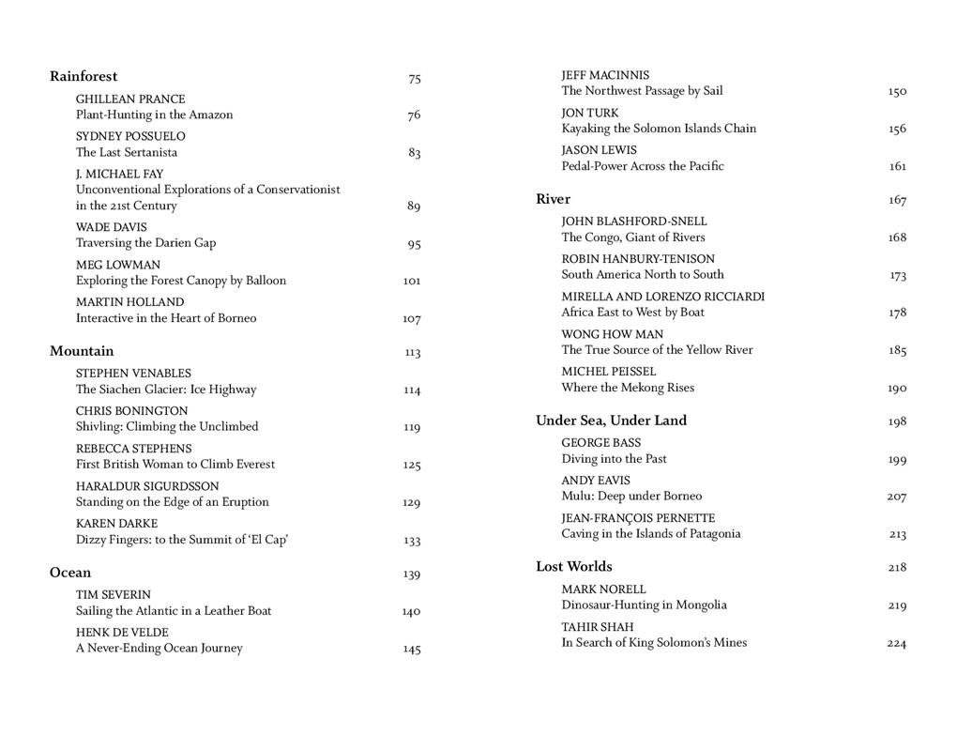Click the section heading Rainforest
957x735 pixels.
84,77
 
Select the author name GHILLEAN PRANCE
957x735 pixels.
130,99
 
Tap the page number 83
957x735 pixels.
414,153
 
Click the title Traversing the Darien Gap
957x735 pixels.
145,243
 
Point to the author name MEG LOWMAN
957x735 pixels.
118,265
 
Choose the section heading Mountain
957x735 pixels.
82,351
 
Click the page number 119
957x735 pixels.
412,428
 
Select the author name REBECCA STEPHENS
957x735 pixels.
133,449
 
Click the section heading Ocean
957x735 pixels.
70,573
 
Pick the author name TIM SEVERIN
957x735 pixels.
114,594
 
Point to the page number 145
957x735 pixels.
412,649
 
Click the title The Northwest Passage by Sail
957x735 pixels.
642,91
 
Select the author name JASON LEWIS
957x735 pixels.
599,150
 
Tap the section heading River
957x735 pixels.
553,199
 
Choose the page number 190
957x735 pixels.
897,389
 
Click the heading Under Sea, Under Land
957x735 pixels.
611,421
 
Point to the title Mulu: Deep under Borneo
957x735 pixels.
631,497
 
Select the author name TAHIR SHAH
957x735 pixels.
598,627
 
